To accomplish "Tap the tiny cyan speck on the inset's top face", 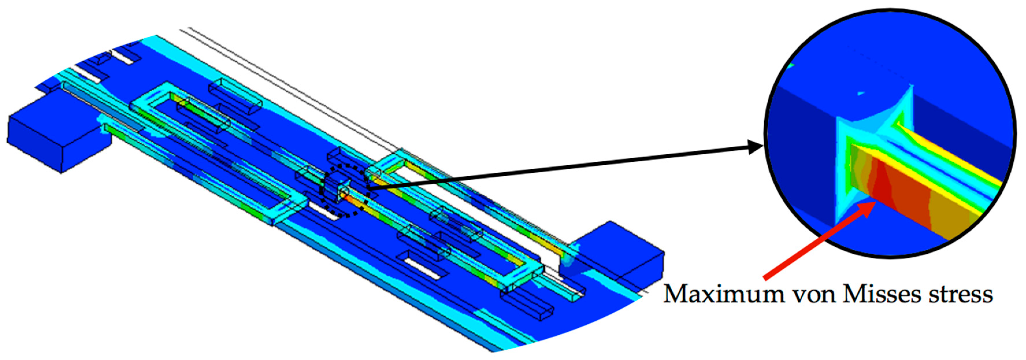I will point(861,94).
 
